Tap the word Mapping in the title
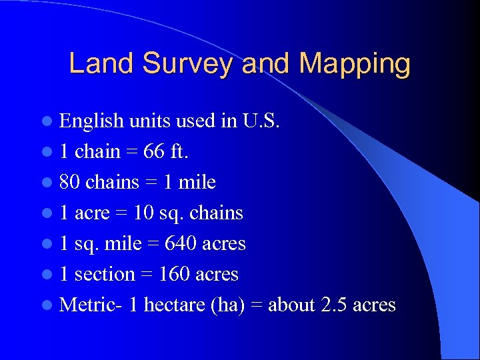coord(355,64)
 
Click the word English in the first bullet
coord(91,121)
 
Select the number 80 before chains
coord(69,182)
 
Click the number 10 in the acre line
coord(143,213)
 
